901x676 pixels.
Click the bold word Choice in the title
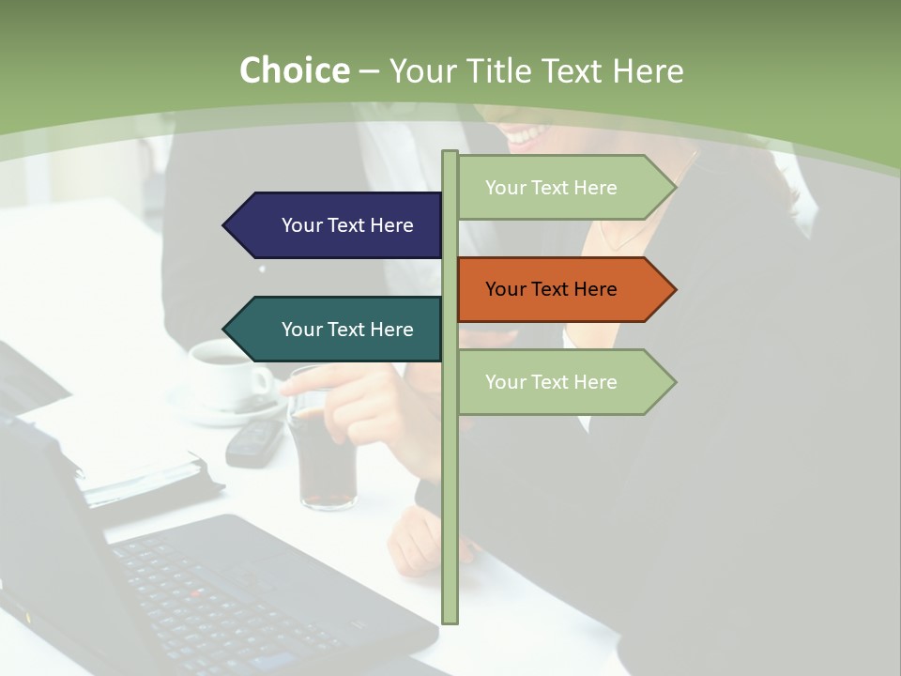(294, 71)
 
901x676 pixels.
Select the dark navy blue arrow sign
(338, 225)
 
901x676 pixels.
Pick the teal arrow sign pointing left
(338, 329)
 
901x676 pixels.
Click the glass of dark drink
(324, 451)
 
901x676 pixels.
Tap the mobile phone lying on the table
(254, 441)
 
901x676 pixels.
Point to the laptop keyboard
(235, 591)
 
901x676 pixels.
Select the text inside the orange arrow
(551, 289)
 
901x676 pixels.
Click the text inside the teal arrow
(347, 330)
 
